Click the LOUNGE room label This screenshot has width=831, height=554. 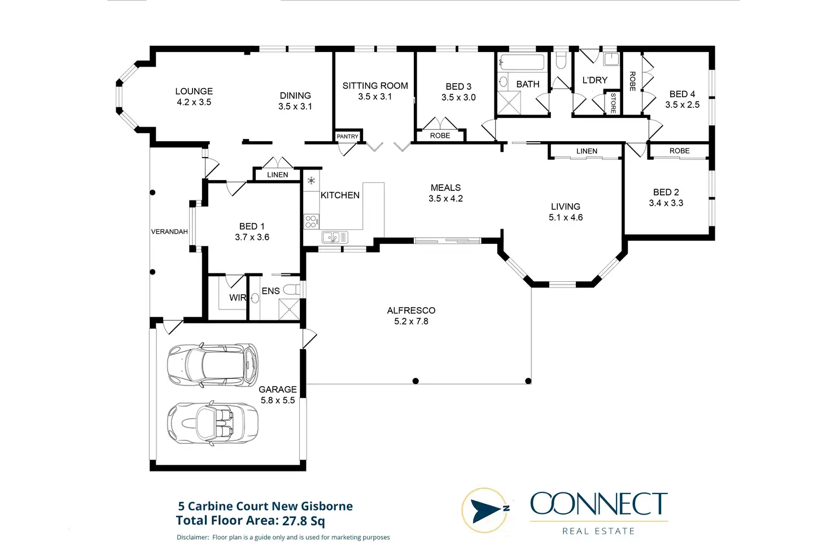(x=194, y=91)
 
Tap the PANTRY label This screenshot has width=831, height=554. (x=347, y=137)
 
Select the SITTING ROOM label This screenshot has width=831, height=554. (x=375, y=86)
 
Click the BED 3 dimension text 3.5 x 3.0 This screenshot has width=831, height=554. (x=458, y=98)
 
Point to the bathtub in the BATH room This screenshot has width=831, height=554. (x=522, y=62)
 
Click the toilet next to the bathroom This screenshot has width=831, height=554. (x=561, y=60)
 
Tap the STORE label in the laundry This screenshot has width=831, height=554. (x=613, y=103)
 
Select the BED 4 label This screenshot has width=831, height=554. (x=682, y=94)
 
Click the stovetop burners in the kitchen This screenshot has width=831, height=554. (x=311, y=221)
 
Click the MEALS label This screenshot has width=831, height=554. (x=445, y=187)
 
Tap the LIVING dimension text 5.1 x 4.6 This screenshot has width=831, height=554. (x=566, y=217)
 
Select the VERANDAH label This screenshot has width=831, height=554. (x=169, y=232)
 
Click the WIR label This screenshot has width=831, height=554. (x=238, y=298)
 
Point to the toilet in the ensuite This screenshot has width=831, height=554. (x=291, y=290)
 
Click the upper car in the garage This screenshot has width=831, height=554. (x=213, y=365)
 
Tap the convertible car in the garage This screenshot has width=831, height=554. (x=213, y=423)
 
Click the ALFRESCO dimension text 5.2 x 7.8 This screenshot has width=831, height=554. (x=411, y=321)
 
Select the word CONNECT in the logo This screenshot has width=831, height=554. (x=598, y=504)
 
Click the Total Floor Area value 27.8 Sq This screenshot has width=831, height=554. (x=303, y=521)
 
